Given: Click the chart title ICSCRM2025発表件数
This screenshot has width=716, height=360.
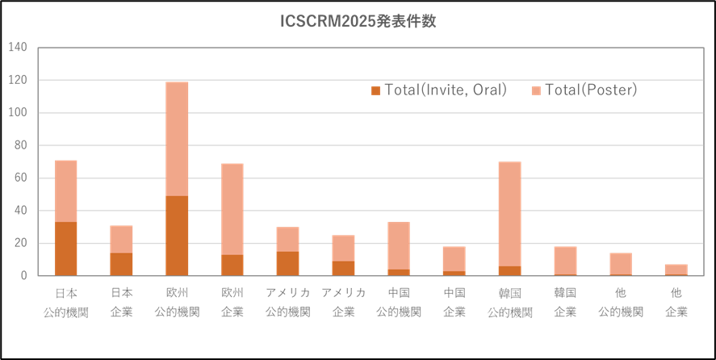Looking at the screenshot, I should pos(358,23).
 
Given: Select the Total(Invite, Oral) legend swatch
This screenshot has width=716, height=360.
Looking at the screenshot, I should pos(375,90).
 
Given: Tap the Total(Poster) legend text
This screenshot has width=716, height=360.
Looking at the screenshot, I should pos(591,90).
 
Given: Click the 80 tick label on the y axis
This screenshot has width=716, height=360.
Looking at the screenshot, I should pos(20,145).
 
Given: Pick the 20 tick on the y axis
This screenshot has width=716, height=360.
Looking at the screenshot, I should pos(20,243).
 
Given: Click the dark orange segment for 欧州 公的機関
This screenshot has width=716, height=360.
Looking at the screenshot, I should pos(177,235).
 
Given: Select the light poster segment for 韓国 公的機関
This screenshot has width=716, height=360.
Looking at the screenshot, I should pos(509,214).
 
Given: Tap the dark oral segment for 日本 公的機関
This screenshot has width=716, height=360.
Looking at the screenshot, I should pos(66,249).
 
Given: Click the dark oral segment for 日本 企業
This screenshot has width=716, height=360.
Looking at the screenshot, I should pos(122,264).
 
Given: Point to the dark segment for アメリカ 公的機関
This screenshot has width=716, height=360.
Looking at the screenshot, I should pos(288,263).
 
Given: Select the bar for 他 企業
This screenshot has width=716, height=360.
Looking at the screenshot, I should pos(676,270).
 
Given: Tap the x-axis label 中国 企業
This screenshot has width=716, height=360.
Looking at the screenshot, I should pos(454,301).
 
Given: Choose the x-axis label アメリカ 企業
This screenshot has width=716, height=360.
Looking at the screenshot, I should pos(343,301).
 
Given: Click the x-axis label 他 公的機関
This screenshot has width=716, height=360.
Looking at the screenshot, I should pos(621,301).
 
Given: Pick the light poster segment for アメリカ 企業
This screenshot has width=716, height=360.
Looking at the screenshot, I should pos(343,248).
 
